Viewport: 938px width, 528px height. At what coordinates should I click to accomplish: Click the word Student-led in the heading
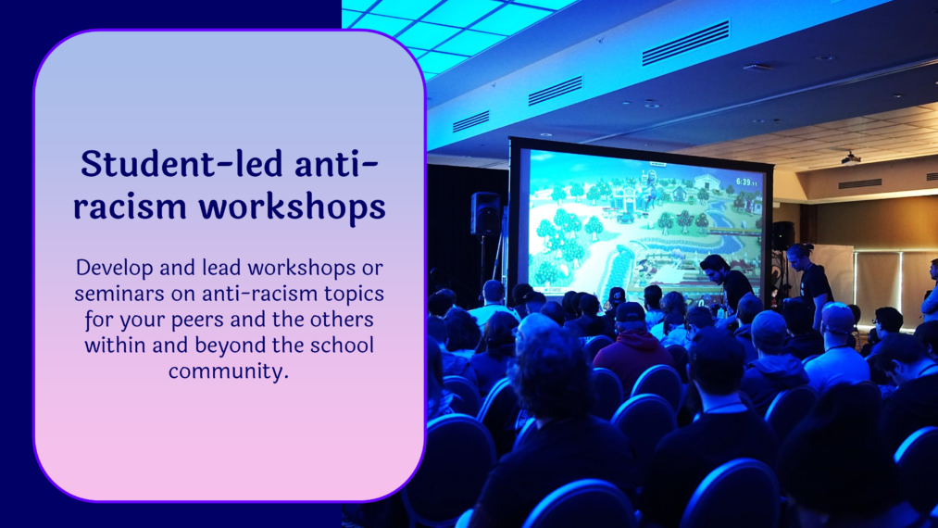pos(181,163)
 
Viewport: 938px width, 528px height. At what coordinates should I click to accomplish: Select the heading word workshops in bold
pos(292,207)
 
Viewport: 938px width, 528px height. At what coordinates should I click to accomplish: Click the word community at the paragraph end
pos(228,371)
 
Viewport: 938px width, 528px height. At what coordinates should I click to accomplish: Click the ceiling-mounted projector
pos(850,158)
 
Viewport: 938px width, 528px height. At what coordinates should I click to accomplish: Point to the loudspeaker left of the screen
pos(485,213)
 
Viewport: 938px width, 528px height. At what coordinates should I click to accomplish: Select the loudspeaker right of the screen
pos(783,235)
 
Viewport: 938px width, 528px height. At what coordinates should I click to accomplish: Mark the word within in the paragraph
pos(115,346)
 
